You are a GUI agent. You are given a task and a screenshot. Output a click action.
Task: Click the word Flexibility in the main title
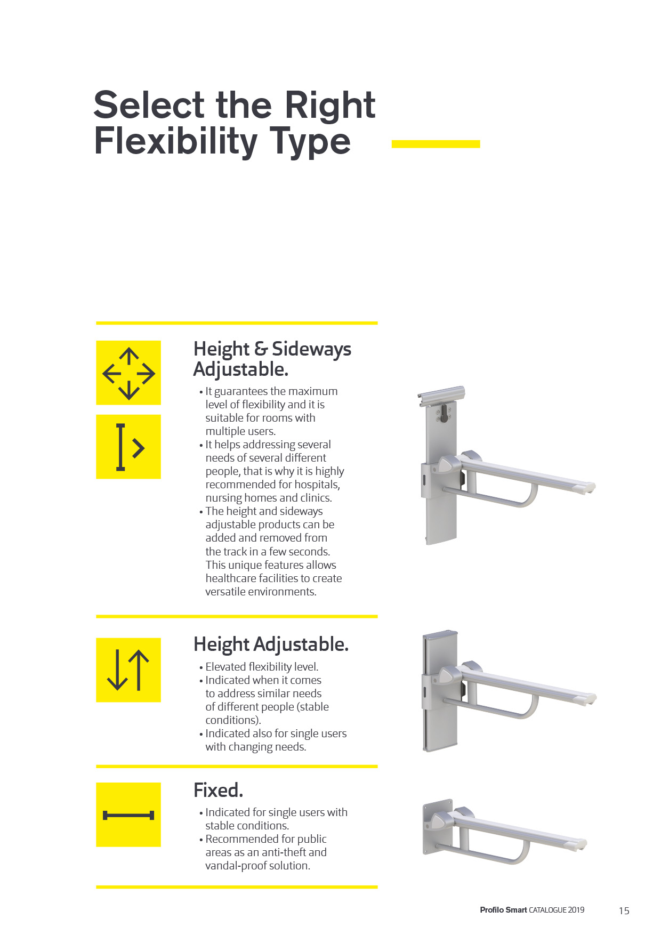pyautogui.click(x=176, y=142)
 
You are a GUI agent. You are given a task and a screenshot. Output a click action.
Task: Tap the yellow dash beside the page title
pyautogui.click(x=436, y=144)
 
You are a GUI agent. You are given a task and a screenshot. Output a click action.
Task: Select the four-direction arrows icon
pyautogui.click(x=128, y=373)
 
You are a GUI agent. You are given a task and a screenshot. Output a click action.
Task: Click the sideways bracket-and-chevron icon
pyautogui.click(x=128, y=447)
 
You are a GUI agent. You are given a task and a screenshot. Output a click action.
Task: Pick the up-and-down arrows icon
pyautogui.click(x=128, y=670)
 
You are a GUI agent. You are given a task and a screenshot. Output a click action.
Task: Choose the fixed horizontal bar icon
pyautogui.click(x=128, y=815)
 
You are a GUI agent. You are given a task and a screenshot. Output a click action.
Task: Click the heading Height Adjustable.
pyautogui.click(x=271, y=644)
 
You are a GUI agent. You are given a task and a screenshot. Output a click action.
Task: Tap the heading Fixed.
pyautogui.click(x=218, y=790)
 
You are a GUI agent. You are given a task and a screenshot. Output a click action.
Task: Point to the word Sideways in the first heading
pyautogui.click(x=311, y=349)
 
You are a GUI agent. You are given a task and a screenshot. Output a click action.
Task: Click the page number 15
pyautogui.click(x=624, y=910)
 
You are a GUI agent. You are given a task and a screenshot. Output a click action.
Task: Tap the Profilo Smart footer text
pyautogui.click(x=503, y=910)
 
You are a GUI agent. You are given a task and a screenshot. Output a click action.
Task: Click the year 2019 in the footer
pyautogui.click(x=576, y=910)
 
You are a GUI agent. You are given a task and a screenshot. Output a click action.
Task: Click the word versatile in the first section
pyautogui.click(x=227, y=592)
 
